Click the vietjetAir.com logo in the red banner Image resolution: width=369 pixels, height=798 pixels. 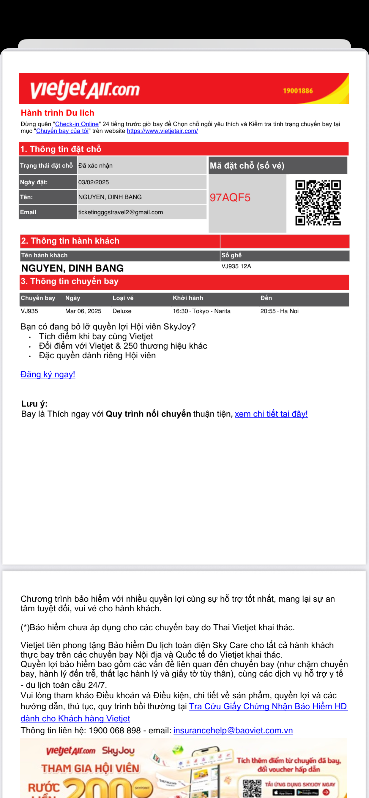[85, 89]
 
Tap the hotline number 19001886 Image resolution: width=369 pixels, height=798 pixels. [298, 91]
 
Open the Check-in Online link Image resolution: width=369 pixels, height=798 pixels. [77, 124]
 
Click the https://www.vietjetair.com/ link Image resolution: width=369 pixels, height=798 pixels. [162, 131]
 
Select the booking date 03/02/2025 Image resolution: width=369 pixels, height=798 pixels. [94, 182]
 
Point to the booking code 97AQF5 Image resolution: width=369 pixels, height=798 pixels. [230, 197]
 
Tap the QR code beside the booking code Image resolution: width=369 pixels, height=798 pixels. [318, 202]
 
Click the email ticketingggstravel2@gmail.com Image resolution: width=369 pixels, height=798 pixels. [121, 212]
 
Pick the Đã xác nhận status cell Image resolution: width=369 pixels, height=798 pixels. [95, 165]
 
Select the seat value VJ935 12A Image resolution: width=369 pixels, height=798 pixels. [236, 266]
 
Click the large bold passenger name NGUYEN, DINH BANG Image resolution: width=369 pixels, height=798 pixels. [72, 268]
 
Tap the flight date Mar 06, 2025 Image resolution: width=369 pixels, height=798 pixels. [83, 311]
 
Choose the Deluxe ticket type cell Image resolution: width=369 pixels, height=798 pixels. [122, 311]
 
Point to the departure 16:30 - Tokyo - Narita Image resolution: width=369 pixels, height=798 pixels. [201, 311]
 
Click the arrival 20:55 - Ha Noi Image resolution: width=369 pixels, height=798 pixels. [279, 311]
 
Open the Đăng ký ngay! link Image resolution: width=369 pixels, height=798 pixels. [48, 374]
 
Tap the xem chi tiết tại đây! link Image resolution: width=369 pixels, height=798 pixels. [271, 414]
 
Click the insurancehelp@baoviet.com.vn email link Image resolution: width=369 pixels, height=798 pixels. [233, 731]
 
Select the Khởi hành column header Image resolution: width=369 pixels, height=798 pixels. [188, 298]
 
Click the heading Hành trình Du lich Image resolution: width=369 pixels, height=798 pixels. [58, 113]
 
